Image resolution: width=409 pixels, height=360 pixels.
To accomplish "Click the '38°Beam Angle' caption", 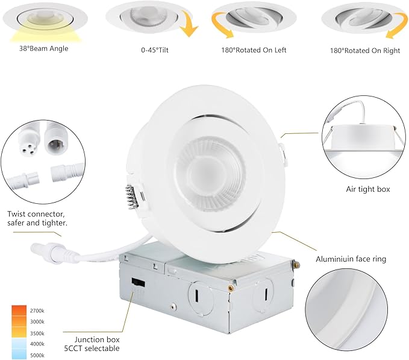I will click(43, 49).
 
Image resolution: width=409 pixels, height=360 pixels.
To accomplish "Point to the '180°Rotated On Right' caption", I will click(365, 51).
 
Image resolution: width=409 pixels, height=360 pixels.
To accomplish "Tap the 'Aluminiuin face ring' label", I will click(351, 259).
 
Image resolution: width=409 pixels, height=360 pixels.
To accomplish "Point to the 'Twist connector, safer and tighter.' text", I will click(37, 218).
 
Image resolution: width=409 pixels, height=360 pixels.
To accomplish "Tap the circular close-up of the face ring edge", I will click(355, 313).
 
